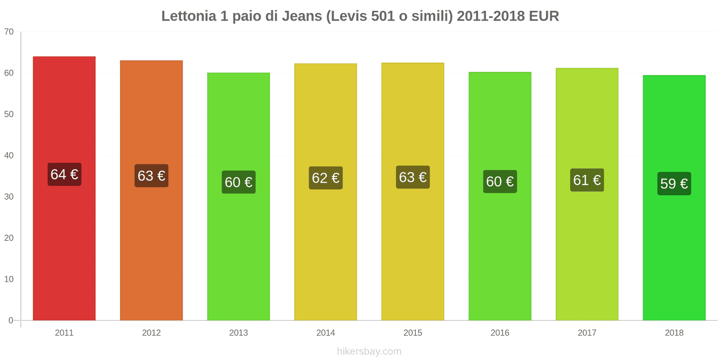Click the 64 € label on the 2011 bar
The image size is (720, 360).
[x=64, y=174]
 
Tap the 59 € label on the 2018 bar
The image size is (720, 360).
[x=674, y=184]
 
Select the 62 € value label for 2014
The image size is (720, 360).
[x=325, y=178]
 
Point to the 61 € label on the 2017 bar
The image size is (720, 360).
[x=587, y=180]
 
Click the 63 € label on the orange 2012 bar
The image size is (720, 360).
[x=151, y=175]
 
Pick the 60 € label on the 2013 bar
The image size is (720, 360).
[x=238, y=182]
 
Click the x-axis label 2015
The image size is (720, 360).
[x=413, y=333]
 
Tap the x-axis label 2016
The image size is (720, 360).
[x=499, y=333]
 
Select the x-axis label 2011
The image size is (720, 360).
[x=64, y=333]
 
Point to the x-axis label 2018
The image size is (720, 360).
[x=674, y=333]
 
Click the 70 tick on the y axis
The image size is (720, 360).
[x=9, y=32]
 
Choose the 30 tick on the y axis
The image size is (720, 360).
[x=9, y=197]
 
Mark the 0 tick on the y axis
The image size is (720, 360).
[x=11, y=320]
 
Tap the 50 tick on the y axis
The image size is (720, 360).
[x=9, y=114]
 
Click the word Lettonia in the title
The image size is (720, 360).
[x=189, y=16]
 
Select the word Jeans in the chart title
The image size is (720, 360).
[x=301, y=16]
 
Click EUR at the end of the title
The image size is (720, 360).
[x=544, y=16]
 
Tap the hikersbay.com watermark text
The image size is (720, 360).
[x=369, y=351]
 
